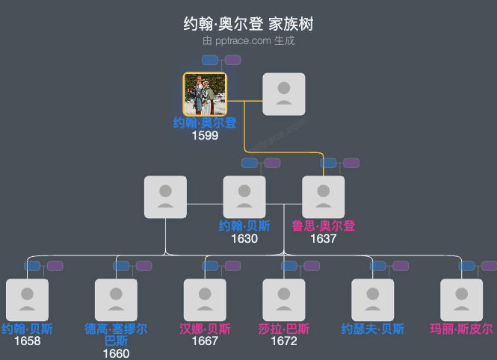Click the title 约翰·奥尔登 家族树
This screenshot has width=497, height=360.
tap(248, 24)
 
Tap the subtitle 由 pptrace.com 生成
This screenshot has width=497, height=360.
tap(248, 41)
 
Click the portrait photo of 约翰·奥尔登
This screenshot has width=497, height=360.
tap(205, 94)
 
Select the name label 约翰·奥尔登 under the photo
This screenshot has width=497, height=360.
tap(205, 123)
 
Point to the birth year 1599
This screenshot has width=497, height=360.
tap(205, 136)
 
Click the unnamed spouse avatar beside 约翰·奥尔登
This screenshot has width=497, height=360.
tap(284, 94)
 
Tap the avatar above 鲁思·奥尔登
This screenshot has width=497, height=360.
tap(324, 197)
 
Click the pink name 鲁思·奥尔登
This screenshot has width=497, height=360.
tap(324, 226)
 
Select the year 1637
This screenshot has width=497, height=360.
tap(324, 239)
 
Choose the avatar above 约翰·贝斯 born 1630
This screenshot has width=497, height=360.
tap(244, 197)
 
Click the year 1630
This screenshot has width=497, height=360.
tap(244, 239)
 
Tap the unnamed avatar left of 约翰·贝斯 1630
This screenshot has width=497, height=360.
tap(165, 197)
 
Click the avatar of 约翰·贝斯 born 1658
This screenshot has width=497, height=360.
tap(27, 300)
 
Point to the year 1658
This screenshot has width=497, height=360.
tap(27, 341)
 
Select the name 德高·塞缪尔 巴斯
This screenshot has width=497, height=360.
tap(116, 335)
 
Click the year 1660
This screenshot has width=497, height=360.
tap(116, 354)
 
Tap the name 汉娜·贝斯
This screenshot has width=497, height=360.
tap(205, 329)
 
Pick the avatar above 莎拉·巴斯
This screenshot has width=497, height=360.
tap(284, 300)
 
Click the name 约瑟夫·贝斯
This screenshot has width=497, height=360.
tap(373, 329)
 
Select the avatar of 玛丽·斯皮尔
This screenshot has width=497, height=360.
tap(462, 300)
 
